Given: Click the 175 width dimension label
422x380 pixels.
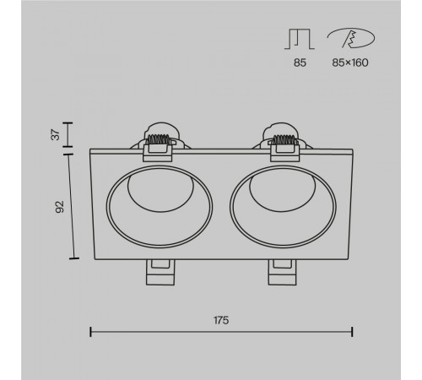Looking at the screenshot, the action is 221,320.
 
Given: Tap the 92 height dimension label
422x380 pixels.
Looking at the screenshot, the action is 60,207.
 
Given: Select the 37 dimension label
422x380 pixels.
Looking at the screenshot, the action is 57,134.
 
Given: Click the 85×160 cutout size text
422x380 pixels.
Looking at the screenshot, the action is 350,62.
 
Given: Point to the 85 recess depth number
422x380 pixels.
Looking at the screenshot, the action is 300,62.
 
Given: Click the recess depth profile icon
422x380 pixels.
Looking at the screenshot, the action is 300,39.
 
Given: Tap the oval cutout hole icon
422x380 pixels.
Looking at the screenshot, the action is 351,38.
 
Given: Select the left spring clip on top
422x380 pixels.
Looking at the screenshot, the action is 158,142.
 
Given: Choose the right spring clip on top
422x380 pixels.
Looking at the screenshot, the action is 284,142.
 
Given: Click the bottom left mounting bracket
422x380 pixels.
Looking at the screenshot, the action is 160,272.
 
